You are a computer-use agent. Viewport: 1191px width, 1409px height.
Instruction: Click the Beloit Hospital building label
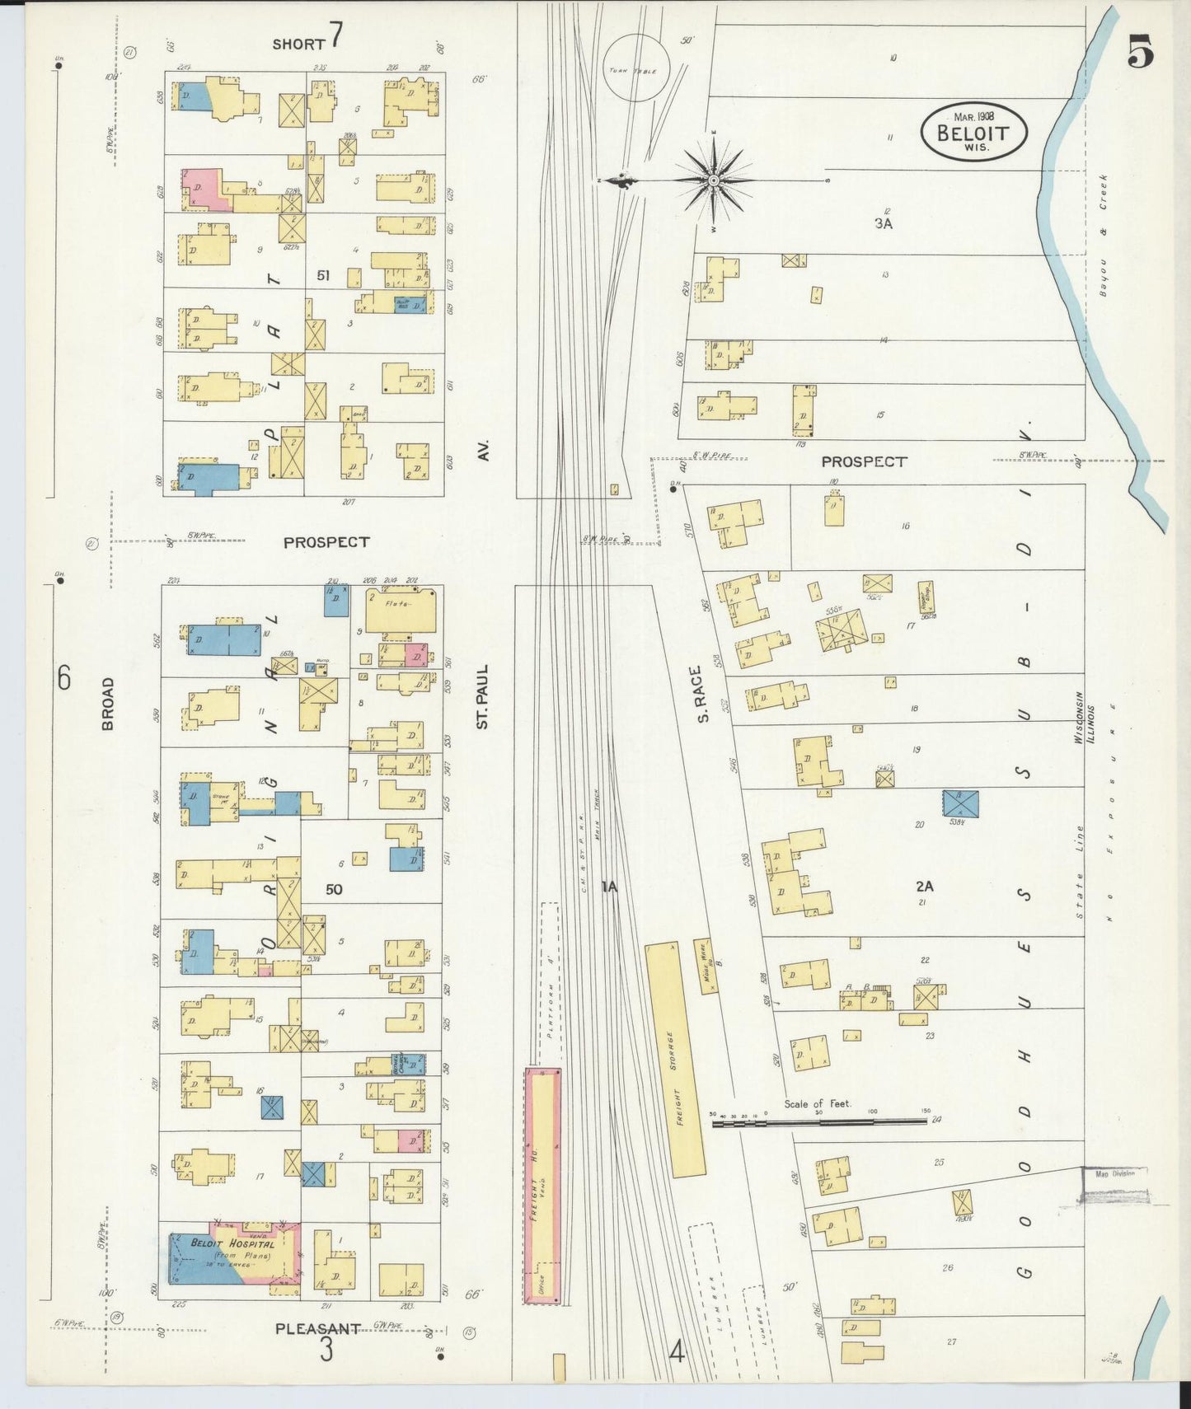click(232, 1243)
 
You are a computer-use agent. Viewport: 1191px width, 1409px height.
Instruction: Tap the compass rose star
click(713, 180)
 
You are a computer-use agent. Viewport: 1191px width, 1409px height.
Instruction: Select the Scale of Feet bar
click(819, 1121)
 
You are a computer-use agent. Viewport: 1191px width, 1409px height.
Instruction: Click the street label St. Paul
click(483, 696)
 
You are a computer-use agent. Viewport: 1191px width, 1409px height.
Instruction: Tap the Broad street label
click(108, 704)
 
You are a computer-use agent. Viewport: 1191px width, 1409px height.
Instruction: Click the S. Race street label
click(702, 694)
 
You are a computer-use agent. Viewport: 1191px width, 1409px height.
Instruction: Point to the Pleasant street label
click(317, 1328)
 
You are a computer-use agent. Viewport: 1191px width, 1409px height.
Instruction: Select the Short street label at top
click(298, 44)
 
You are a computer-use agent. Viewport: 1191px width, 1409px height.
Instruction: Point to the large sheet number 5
click(1140, 54)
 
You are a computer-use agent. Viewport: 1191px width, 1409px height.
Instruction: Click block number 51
click(322, 275)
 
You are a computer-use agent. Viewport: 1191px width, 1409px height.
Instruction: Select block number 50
click(333, 889)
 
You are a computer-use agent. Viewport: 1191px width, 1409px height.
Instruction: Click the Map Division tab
click(1114, 1173)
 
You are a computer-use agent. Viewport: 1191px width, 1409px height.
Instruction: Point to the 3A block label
click(883, 223)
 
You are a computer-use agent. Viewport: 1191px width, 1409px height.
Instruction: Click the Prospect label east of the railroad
click(863, 461)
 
